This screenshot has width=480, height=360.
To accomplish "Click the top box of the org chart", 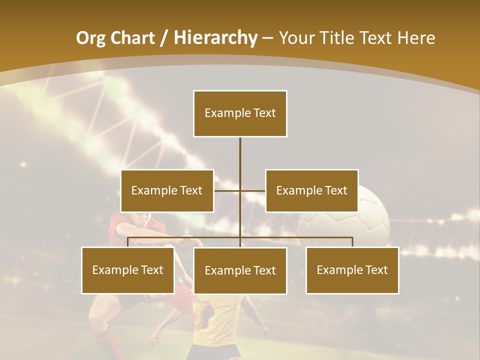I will point(240,113).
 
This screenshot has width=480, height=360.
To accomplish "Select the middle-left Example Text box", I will point(167,190).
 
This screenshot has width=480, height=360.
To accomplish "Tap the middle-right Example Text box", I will point(311,190).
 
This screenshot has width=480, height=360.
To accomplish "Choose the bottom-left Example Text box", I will point(128,270).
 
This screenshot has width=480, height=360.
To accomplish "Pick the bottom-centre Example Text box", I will point(240,270).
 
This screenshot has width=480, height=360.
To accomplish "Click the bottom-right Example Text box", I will point(352,270).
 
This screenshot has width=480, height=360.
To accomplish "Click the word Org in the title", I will point(90,38).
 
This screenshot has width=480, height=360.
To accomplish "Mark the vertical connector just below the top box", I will point(240,150).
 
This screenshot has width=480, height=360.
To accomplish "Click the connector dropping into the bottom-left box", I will point(128,242).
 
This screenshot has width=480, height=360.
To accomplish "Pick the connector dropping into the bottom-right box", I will point(352,242).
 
